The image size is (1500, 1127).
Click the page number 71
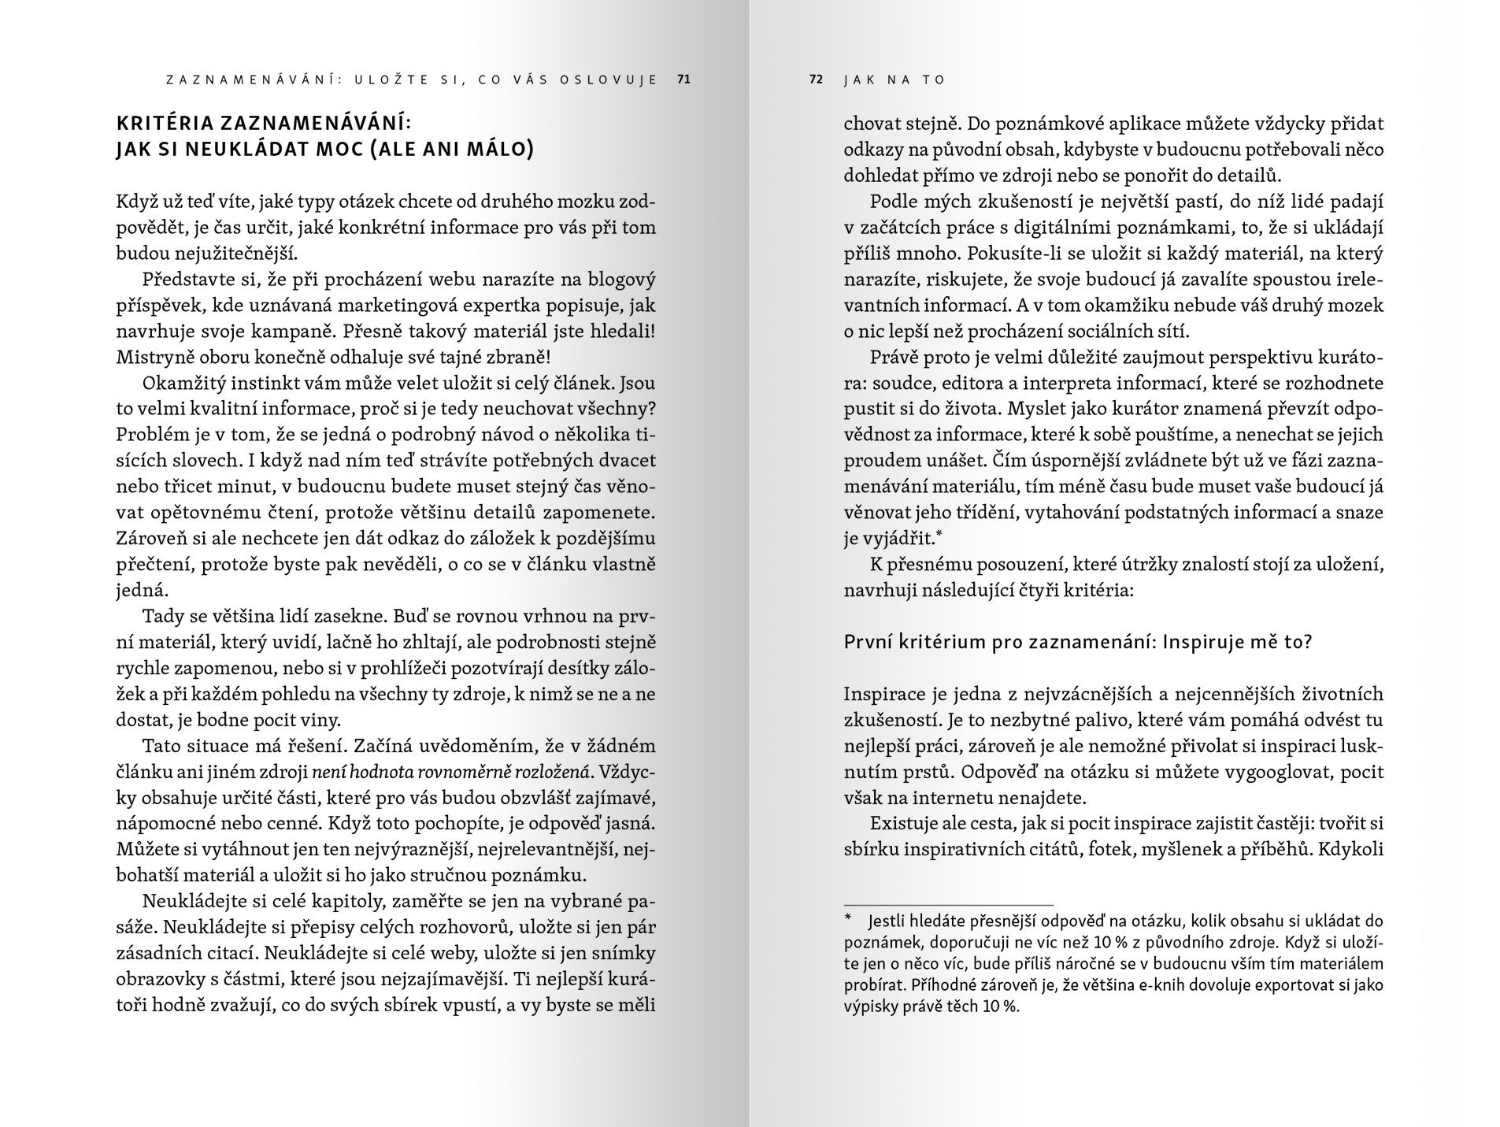pos(683,80)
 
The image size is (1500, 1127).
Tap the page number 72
pos(816,80)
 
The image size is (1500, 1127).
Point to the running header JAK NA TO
pos(894,80)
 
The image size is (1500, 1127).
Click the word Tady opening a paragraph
pos(164,617)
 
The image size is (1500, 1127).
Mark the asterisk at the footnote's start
pos(848,921)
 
